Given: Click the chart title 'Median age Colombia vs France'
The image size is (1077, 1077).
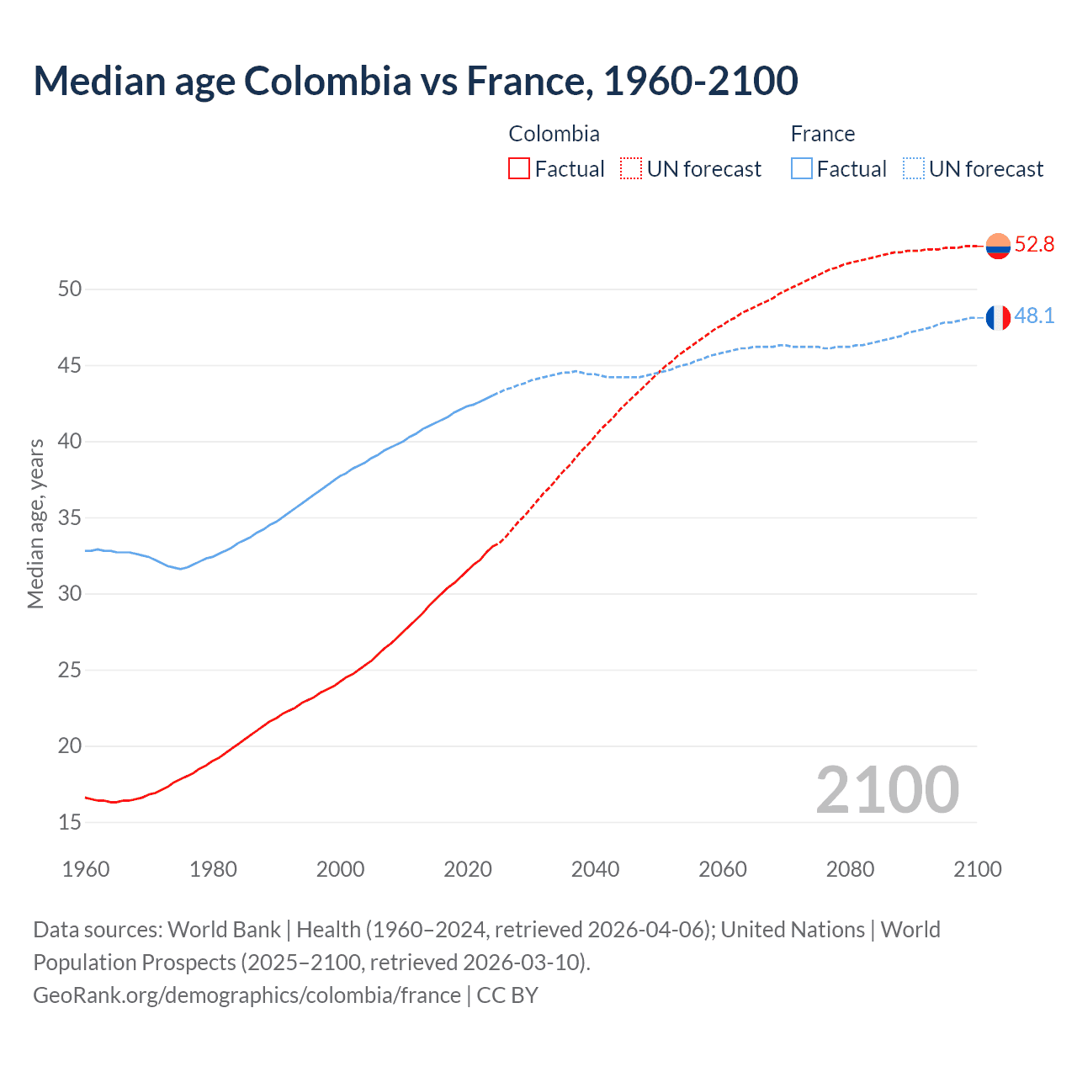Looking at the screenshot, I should (x=416, y=81).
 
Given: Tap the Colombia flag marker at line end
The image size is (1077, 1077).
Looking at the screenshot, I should (x=998, y=246).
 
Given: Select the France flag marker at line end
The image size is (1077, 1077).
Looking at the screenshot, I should (x=998, y=318).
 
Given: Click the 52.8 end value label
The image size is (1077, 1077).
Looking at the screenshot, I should (x=1034, y=245).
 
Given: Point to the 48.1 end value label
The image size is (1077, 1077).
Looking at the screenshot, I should (x=1034, y=316).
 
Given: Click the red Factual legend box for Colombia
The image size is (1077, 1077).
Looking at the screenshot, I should (x=519, y=169).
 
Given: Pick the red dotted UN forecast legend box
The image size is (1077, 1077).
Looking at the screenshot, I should (x=631, y=169).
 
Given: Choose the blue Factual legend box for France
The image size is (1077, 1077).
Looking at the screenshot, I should (x=802, y=169).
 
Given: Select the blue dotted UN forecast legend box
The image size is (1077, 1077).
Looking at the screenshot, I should (x=914, y=169).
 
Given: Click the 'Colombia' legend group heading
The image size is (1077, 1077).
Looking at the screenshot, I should (x=554, y=134).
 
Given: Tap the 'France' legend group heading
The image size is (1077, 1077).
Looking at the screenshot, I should (x=822, y=134).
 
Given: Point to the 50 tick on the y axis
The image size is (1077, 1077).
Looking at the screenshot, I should (x=70, y=289).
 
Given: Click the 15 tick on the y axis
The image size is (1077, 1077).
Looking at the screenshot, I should (x=70, y=822).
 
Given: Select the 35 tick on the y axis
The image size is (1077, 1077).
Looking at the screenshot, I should (x=70, y=517).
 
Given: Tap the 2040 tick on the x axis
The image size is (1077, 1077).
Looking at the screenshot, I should (x=595, y=869).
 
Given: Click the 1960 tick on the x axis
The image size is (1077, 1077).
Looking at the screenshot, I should (x=86, y=869).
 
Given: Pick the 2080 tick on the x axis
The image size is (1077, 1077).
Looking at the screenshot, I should (x=850, y=869).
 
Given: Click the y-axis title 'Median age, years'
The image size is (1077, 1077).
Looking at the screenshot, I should (x=35, y=523).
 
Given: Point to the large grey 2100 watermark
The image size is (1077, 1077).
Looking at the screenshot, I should (x=887, y=790).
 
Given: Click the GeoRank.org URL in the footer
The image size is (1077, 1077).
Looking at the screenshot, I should (x=247, y=995).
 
